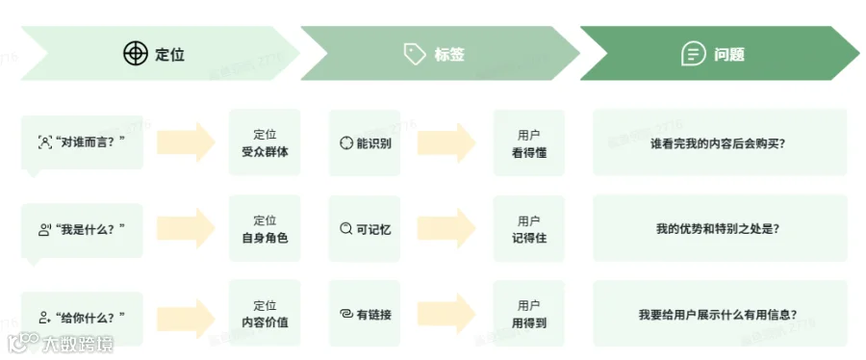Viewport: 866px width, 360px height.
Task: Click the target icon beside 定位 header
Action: pyautogui.click(x=136, y=54)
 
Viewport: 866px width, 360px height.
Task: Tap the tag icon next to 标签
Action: pyautogui.click(x=415, y=54)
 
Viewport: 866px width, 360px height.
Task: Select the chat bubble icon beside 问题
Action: pyautogui.click(x=694, y=54)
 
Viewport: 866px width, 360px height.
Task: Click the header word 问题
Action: pyautogui.click(x=729, y=54)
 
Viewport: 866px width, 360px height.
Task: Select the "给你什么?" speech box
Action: pyautogui.click(x=82, y=318)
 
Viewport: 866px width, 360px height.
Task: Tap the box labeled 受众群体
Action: pyautogui.click(x=266, y=142)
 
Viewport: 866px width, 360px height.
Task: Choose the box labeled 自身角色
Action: pyautogui.click(x=266, y=228)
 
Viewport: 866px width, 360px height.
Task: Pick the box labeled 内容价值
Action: pyautogui.click(x=266, y=314)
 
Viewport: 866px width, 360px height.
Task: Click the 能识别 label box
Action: pyautogui.click(x=365, y=143)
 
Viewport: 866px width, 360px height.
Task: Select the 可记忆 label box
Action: pyautogui.click(x=365, y=228)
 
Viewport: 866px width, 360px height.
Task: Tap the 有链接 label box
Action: pyautogui.click(x=365, y=314)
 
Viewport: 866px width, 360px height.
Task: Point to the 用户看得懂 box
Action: pyautogui.click(x=529, y=143)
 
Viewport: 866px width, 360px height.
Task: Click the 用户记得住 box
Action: pyautogui.click(x=529, y=228)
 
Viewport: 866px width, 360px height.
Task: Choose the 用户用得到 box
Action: pyautogui.click(x=529, y=314)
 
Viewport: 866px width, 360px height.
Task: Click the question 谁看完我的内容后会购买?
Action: pyautogui.click(x=720, y=143)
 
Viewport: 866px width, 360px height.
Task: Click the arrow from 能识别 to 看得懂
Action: pyautogui.click(x=446, y=143)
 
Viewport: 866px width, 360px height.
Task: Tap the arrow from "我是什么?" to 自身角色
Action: pyautogui.click(x=186, y=228)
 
